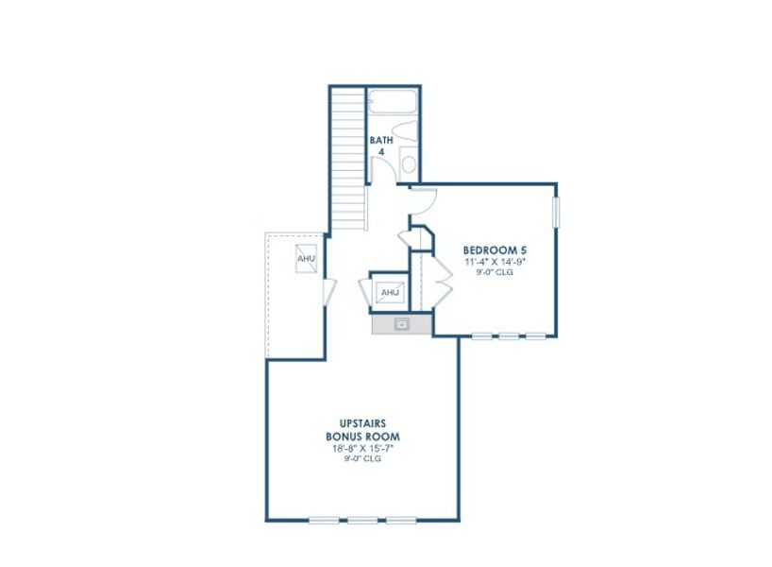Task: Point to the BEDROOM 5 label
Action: (494, 250)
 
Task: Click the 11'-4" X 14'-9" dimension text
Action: (494, 262)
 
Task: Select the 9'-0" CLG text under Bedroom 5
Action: (494, 272)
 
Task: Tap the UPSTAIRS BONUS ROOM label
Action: (362, 430)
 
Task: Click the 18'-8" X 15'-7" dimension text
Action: (362, 448)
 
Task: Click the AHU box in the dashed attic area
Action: (306, 258)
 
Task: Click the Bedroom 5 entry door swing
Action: (424, 199)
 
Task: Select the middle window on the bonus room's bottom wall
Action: (362, 520)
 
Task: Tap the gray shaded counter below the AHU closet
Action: (401, 324)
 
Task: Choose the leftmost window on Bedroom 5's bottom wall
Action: (482, 335)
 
